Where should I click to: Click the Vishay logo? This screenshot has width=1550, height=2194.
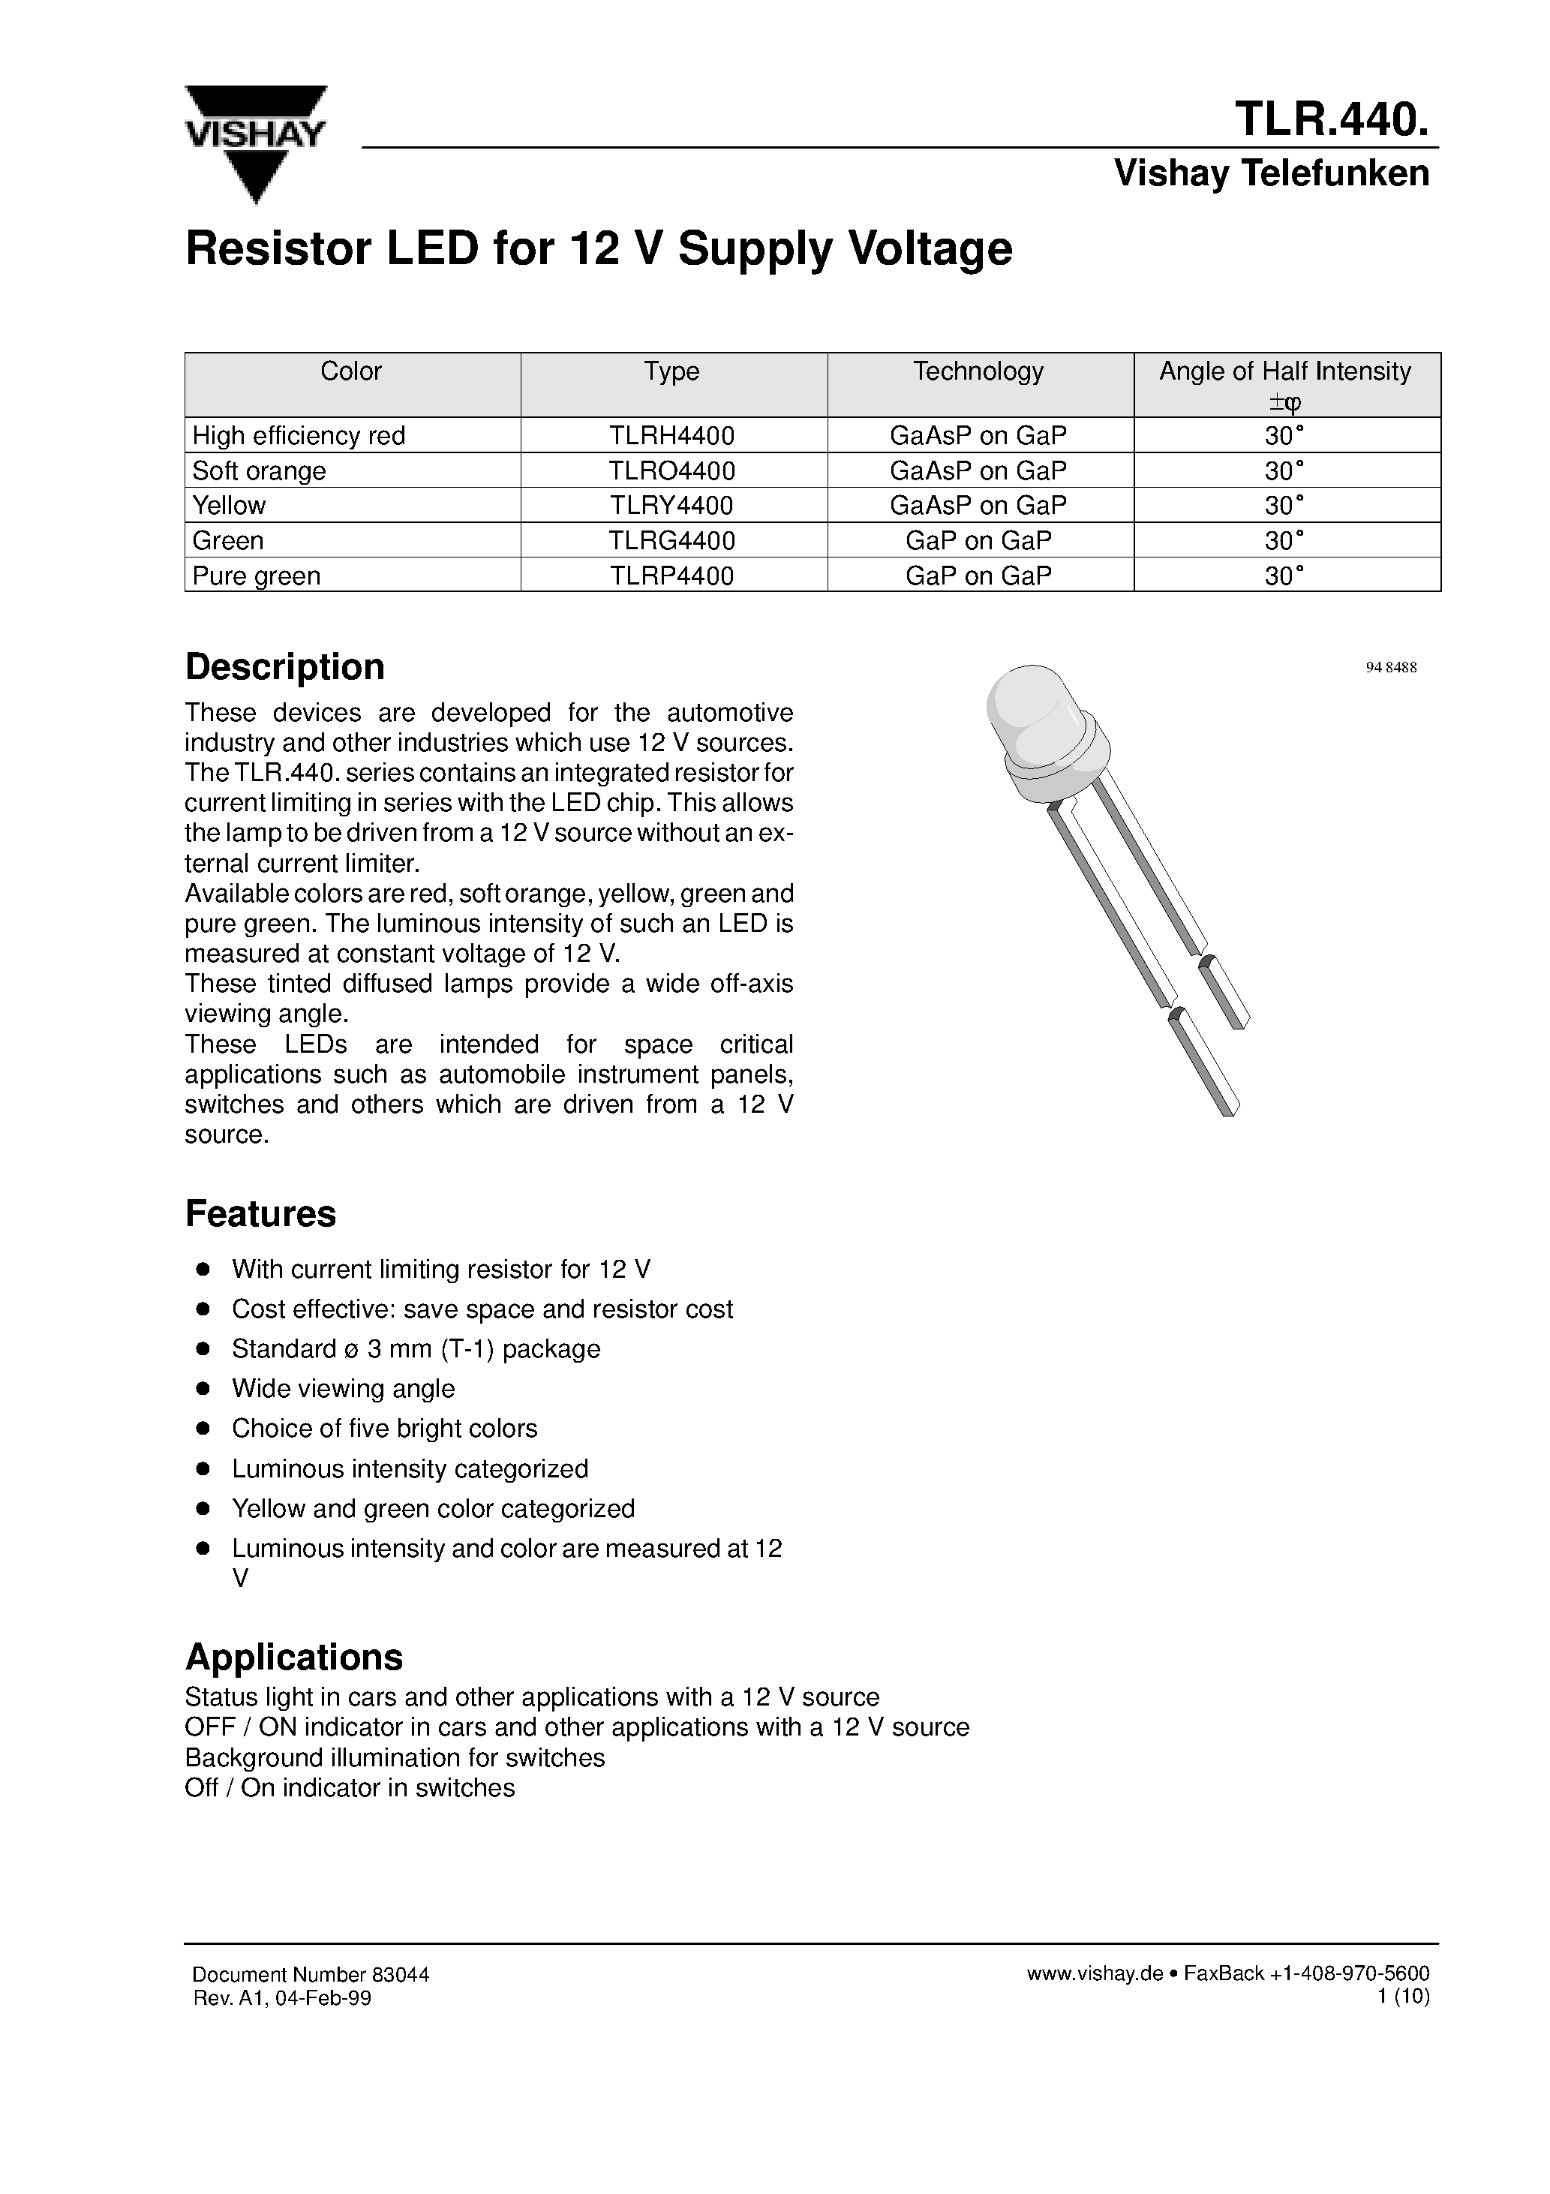pos(255,143)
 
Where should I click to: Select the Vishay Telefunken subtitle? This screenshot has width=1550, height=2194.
pos(1271,173)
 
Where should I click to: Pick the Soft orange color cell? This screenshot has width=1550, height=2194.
pos(259,471)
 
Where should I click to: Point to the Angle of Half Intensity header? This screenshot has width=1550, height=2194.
pos(1284,371)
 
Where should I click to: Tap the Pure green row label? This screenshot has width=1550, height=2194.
pos(256,576)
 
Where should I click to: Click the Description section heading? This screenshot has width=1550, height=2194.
pos(285,667)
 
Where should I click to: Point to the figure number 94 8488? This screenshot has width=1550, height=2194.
pos(1390,668)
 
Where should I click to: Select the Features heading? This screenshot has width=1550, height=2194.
pos(260,1213)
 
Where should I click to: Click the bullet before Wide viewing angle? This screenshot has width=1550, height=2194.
pos(203,1388)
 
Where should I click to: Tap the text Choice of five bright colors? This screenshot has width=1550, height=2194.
pos(384,1429)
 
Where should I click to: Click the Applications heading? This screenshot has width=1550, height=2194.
pos(293,1657)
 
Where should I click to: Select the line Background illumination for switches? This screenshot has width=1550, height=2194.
pos(395,1758)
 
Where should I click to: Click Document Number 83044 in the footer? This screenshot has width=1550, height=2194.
pos(311,1975)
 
